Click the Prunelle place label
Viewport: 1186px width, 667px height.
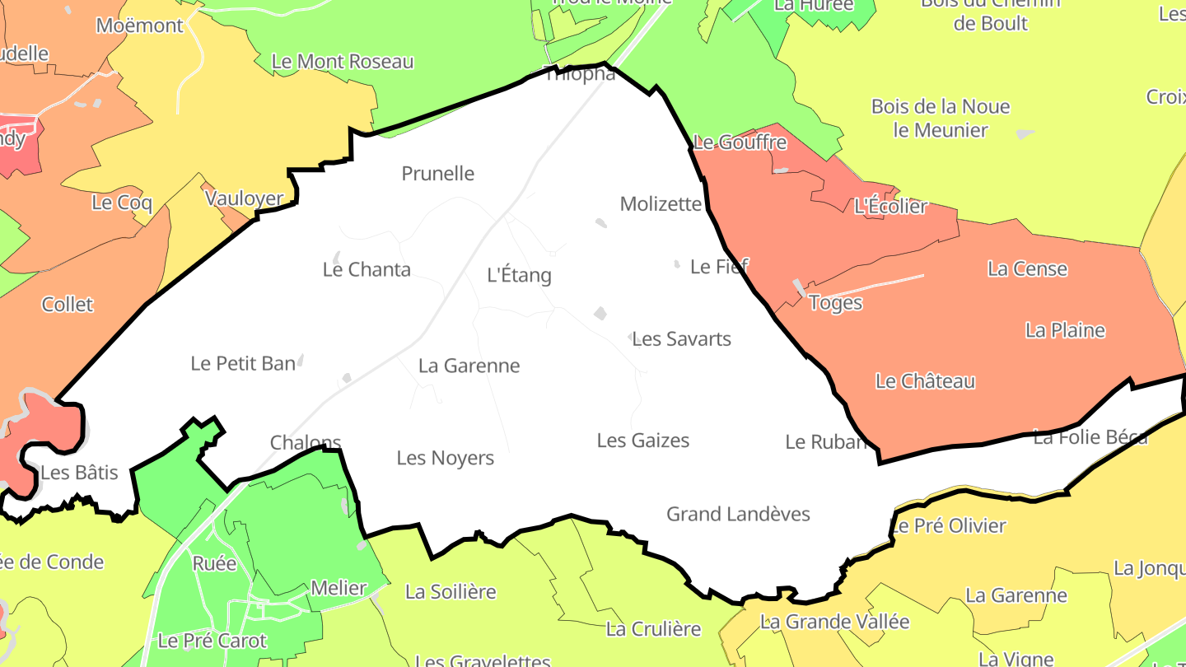437,174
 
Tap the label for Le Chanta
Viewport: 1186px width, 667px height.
367,269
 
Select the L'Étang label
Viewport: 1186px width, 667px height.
519,275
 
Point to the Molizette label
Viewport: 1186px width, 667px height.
661,204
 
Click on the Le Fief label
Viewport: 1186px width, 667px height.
719,267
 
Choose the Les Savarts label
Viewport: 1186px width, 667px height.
681,339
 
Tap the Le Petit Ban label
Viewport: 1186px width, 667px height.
243,363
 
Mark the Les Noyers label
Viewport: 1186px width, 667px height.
445,458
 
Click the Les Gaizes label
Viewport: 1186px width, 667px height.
642,441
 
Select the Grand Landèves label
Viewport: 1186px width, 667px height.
738,515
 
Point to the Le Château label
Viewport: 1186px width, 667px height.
925,381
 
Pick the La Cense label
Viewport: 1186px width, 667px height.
1027,269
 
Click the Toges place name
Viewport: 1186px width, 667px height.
835,303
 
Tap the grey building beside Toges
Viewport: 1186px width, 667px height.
799,287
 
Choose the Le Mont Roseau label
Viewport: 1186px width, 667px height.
343,62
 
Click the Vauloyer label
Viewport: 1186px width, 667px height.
244,198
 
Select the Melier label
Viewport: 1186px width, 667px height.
339,589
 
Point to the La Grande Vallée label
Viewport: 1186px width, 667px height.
834,622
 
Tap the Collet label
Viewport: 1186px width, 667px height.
68,305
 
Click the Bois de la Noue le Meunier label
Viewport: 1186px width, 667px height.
941,119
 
